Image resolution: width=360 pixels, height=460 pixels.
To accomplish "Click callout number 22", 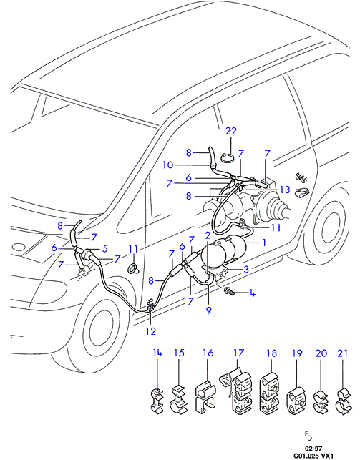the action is coord(231,131).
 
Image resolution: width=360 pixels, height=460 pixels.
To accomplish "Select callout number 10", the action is coord(168,165).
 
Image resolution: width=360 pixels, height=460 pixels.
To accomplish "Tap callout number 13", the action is coord(285,190).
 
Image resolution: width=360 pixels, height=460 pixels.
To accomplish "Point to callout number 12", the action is coord(151,331).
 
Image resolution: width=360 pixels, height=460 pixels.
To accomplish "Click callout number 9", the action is coord(209,310).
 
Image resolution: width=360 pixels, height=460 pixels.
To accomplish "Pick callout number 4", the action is coord(253,293).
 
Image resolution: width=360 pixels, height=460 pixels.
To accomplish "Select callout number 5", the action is coord(104,248).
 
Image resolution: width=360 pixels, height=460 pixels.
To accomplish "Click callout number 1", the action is coord(264,243).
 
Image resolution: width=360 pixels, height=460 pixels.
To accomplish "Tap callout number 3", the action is coord(246,269).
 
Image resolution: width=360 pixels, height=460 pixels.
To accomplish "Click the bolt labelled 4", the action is coord(229,291).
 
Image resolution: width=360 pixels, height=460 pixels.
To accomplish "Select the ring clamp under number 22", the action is coord(229,157).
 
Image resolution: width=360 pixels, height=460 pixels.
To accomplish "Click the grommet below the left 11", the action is coord(133,268).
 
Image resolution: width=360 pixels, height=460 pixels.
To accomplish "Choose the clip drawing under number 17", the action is coord(236,391).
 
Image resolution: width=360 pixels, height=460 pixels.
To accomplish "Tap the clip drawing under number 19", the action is coord(296,400).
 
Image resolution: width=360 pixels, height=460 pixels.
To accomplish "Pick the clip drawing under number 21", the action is coord(342,400).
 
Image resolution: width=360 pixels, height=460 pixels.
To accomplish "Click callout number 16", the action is coord(208,353).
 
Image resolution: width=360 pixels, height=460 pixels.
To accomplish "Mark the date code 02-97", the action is coord(313,449).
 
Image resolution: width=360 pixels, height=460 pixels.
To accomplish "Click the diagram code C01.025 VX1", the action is coord(313,456).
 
